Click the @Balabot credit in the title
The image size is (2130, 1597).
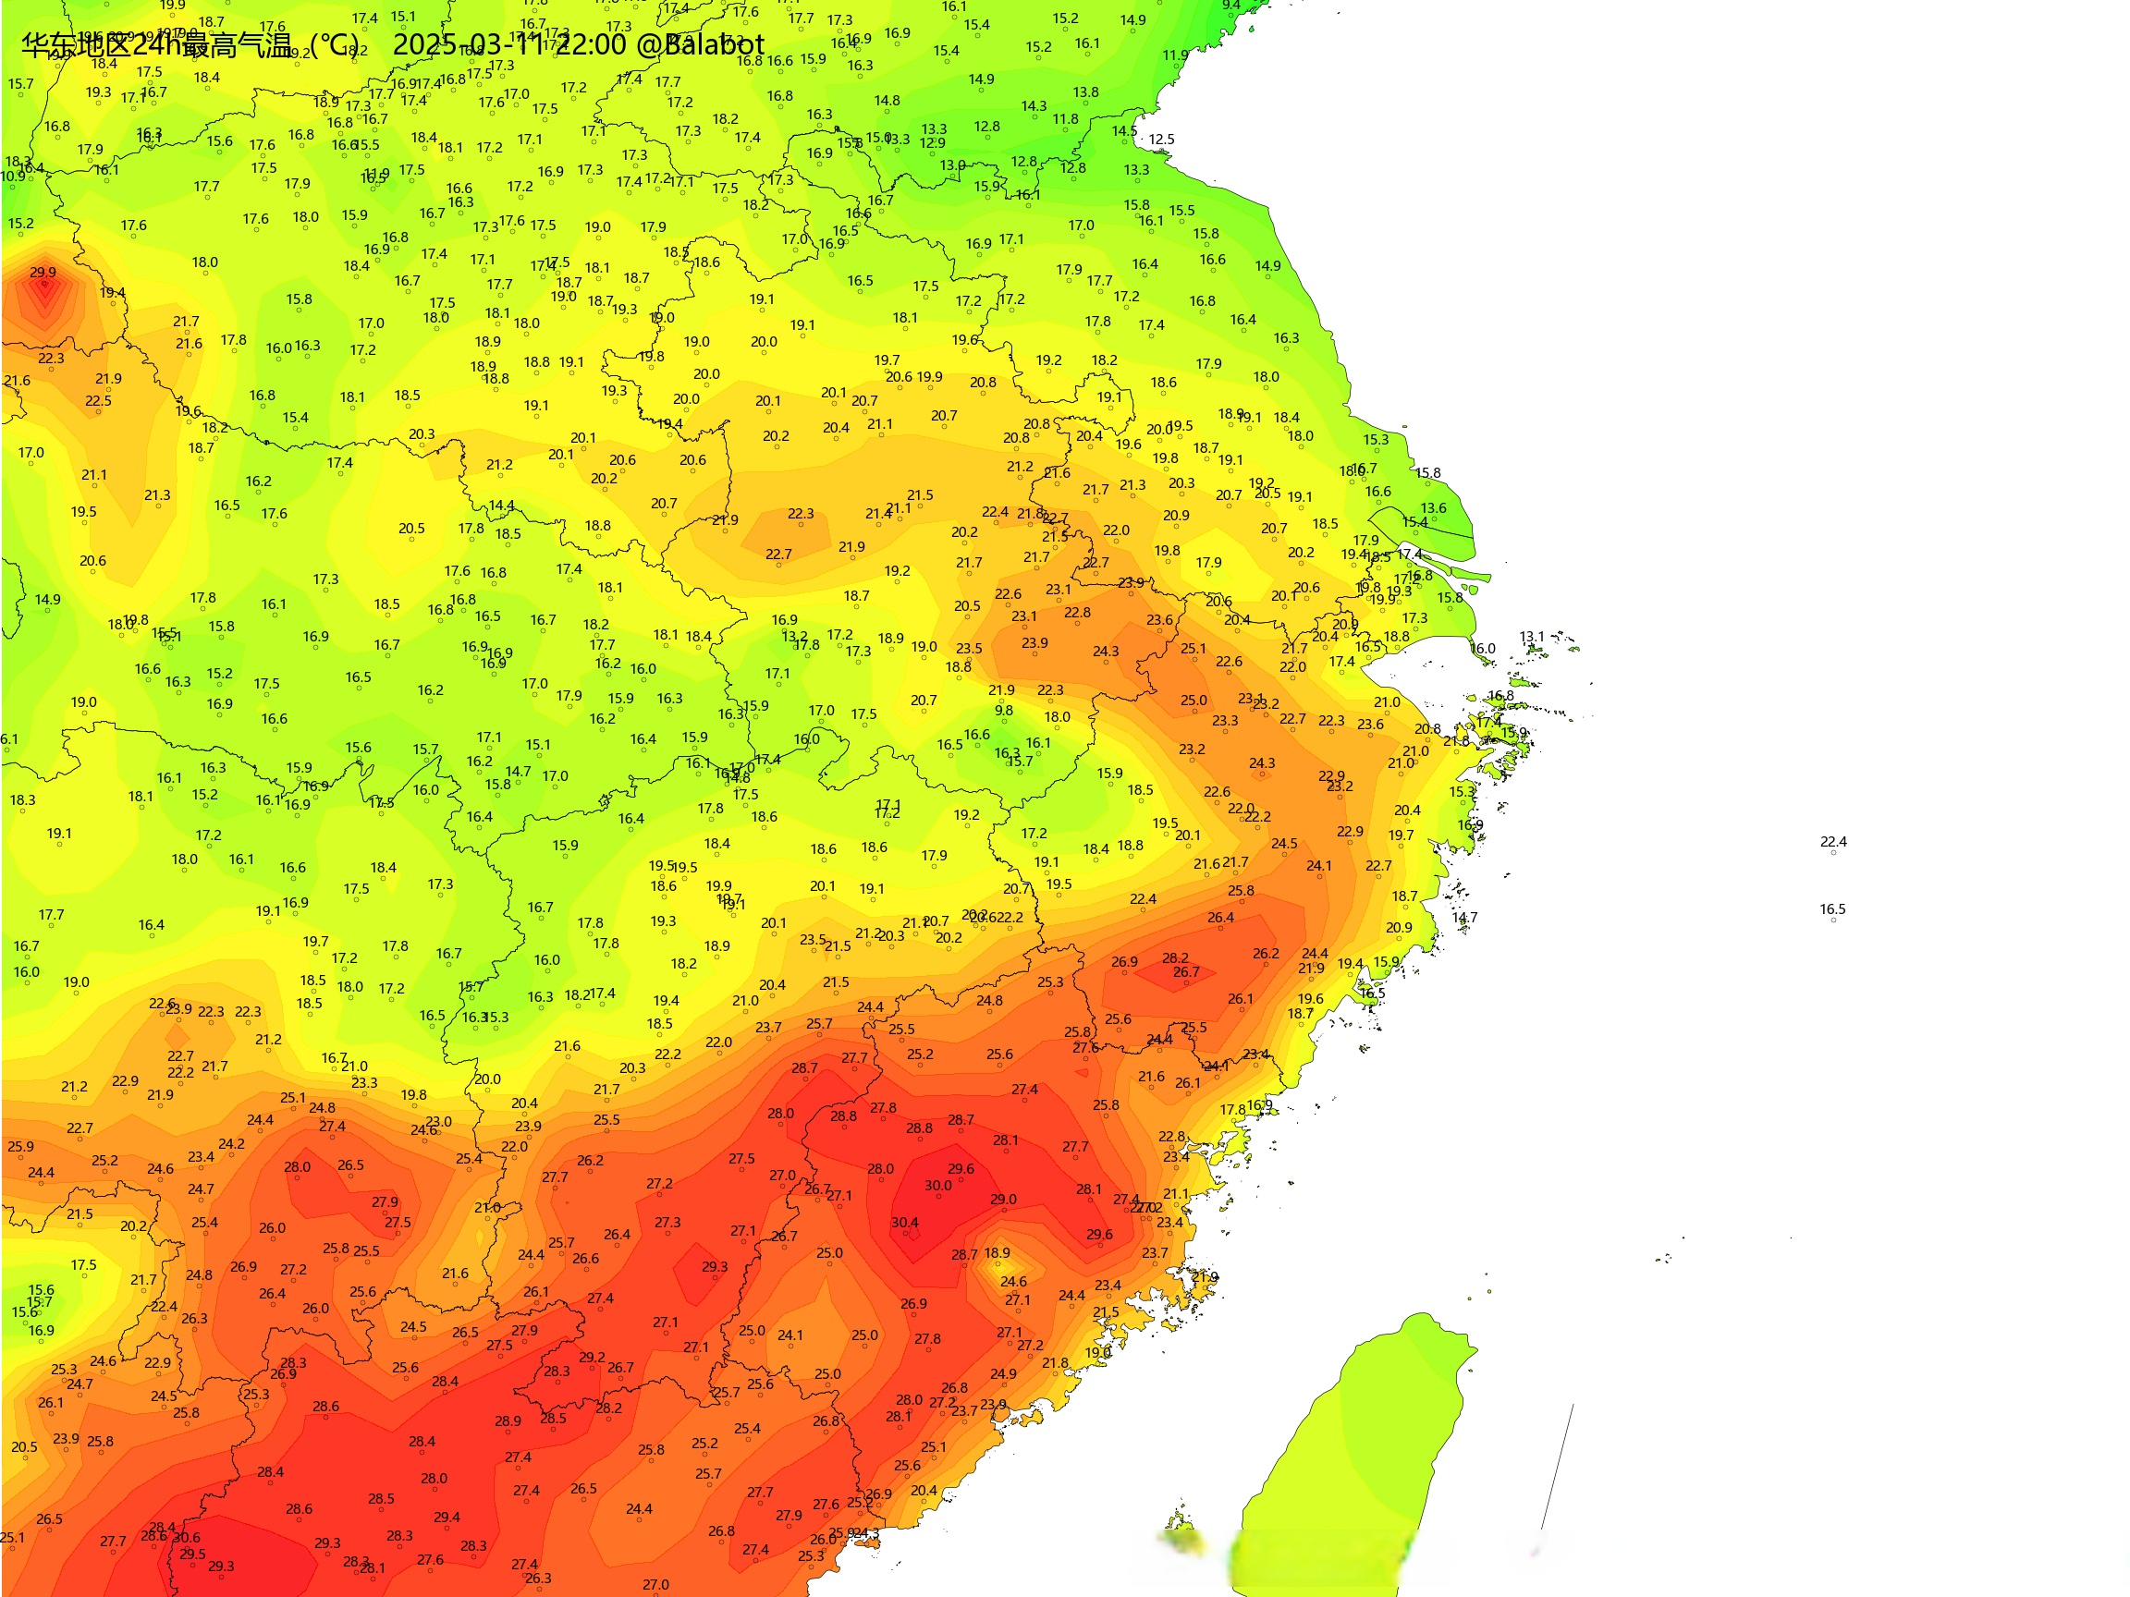(x=700, y=45)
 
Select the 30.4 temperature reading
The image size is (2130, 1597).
(x=904, y=1224)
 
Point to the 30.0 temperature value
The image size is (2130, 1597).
(x=938, y=1186)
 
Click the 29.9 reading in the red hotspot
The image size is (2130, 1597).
(x=43, y=273)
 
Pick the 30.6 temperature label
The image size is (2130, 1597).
(x=187, y=1538)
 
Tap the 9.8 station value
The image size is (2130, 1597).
(x=1003, y=711)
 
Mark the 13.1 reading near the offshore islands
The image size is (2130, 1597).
(x=1531, y=638)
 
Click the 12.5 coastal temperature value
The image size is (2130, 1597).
(x=1161, y=140)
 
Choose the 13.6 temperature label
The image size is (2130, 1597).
(x=1433, y=508)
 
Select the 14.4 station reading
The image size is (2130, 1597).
(x=502, y=506)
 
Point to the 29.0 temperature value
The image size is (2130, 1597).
(x=1003, y=1201)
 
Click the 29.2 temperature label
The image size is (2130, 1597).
(x=593, y=1359)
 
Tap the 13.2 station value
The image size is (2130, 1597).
(x=794, y=636)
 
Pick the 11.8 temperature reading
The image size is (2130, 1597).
(x=1065, y=120)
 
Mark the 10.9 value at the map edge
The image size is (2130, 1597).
(x=13, y=177)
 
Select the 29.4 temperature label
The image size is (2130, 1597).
(x=447, y=1518)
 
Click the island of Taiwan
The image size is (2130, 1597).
(x=1367, y=1444)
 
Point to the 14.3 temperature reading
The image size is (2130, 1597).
(x=1034, y=107)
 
